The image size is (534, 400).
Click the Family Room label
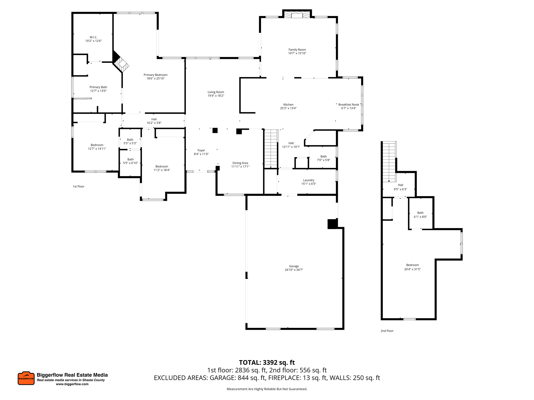[x=297, y=50]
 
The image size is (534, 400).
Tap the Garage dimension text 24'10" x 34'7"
[x=294, y=270]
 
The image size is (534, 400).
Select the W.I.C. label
[x=94, y=37]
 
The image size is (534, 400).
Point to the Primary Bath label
[x=98, y=87]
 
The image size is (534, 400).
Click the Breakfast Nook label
[x=349, y=105]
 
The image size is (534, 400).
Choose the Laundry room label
[x=309, y=180]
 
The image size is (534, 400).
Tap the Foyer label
[x=201, y=151]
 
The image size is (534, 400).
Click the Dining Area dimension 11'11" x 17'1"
[x=240, y=167]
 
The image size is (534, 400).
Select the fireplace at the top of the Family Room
[x=297, y=15]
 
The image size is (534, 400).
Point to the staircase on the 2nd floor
[x=389, y=161]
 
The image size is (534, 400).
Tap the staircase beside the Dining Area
[x=271, y=149]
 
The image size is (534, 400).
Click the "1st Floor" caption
[x=78, y=186]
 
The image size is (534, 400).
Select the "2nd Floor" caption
[x=387, y=331]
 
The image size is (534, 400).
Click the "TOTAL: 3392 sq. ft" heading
[x=267, y=362]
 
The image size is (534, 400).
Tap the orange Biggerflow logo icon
[x=26, y=378]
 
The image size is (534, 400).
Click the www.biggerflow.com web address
[x=72, y=384]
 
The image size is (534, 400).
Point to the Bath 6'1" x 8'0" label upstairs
[x=420, y=215]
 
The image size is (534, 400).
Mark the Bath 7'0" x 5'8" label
[x=324, y=158]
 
